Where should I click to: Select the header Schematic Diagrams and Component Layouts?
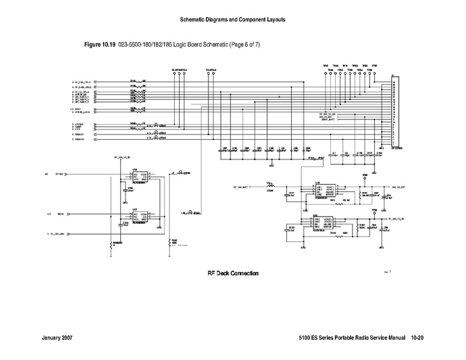(232, 20)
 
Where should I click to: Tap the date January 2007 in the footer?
(61, 338)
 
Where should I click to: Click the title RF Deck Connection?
(233, 274)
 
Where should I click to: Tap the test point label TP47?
(325, 66)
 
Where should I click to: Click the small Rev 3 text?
(387, 272)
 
